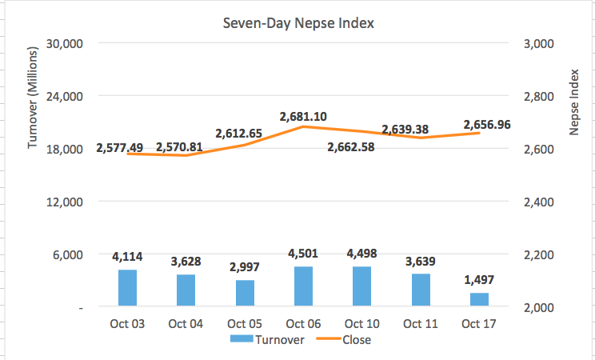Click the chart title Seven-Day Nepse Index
coord(298,23)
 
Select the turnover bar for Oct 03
coord(127,288)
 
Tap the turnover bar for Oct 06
coord(303,286)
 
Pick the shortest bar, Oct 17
coord(479,299)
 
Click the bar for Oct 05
coord(245,293)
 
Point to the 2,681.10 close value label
coord(303,116)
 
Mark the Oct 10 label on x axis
coord(361,324)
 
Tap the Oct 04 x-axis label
coord(186,324)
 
